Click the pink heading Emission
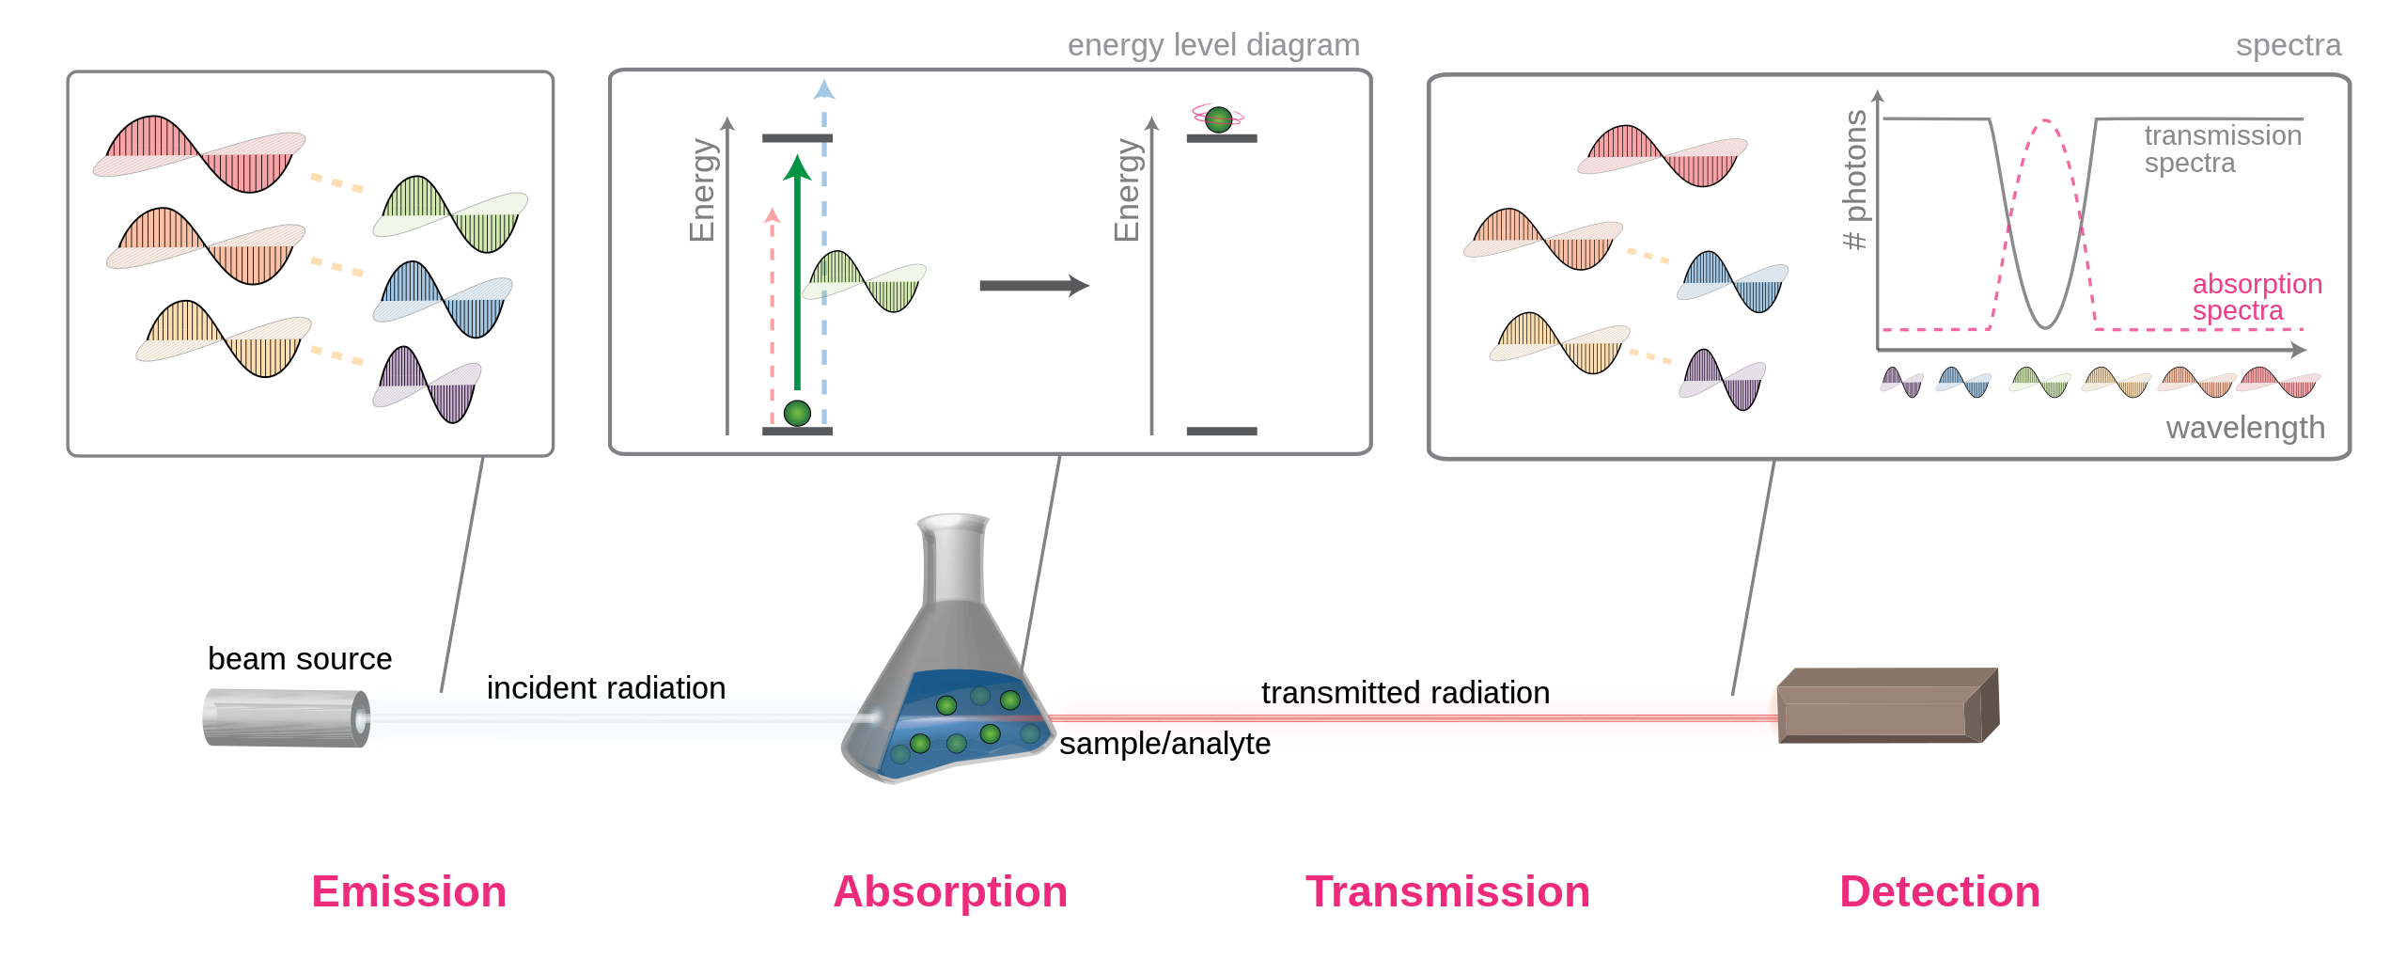coord(409,891)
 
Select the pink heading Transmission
coord(1447,891)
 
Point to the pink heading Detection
coord(1940,891)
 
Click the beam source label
coord(300,658)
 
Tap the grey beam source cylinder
coord(287,718)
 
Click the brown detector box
coord(1888,705)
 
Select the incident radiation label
coord(606,687)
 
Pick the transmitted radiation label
coord(1405,692)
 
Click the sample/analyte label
coord(1164,743)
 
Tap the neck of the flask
coord(954,559)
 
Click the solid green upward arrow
coord(797,272)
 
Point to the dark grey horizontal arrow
coord(1034,286)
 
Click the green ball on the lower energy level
coord(797,413)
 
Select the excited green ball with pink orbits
coord(1218,118)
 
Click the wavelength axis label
coord(2245,428)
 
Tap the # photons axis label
coord(1854,180)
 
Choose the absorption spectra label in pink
coord(2257,297)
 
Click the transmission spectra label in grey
coord(2223,150)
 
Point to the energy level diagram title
coord(1213,45)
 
